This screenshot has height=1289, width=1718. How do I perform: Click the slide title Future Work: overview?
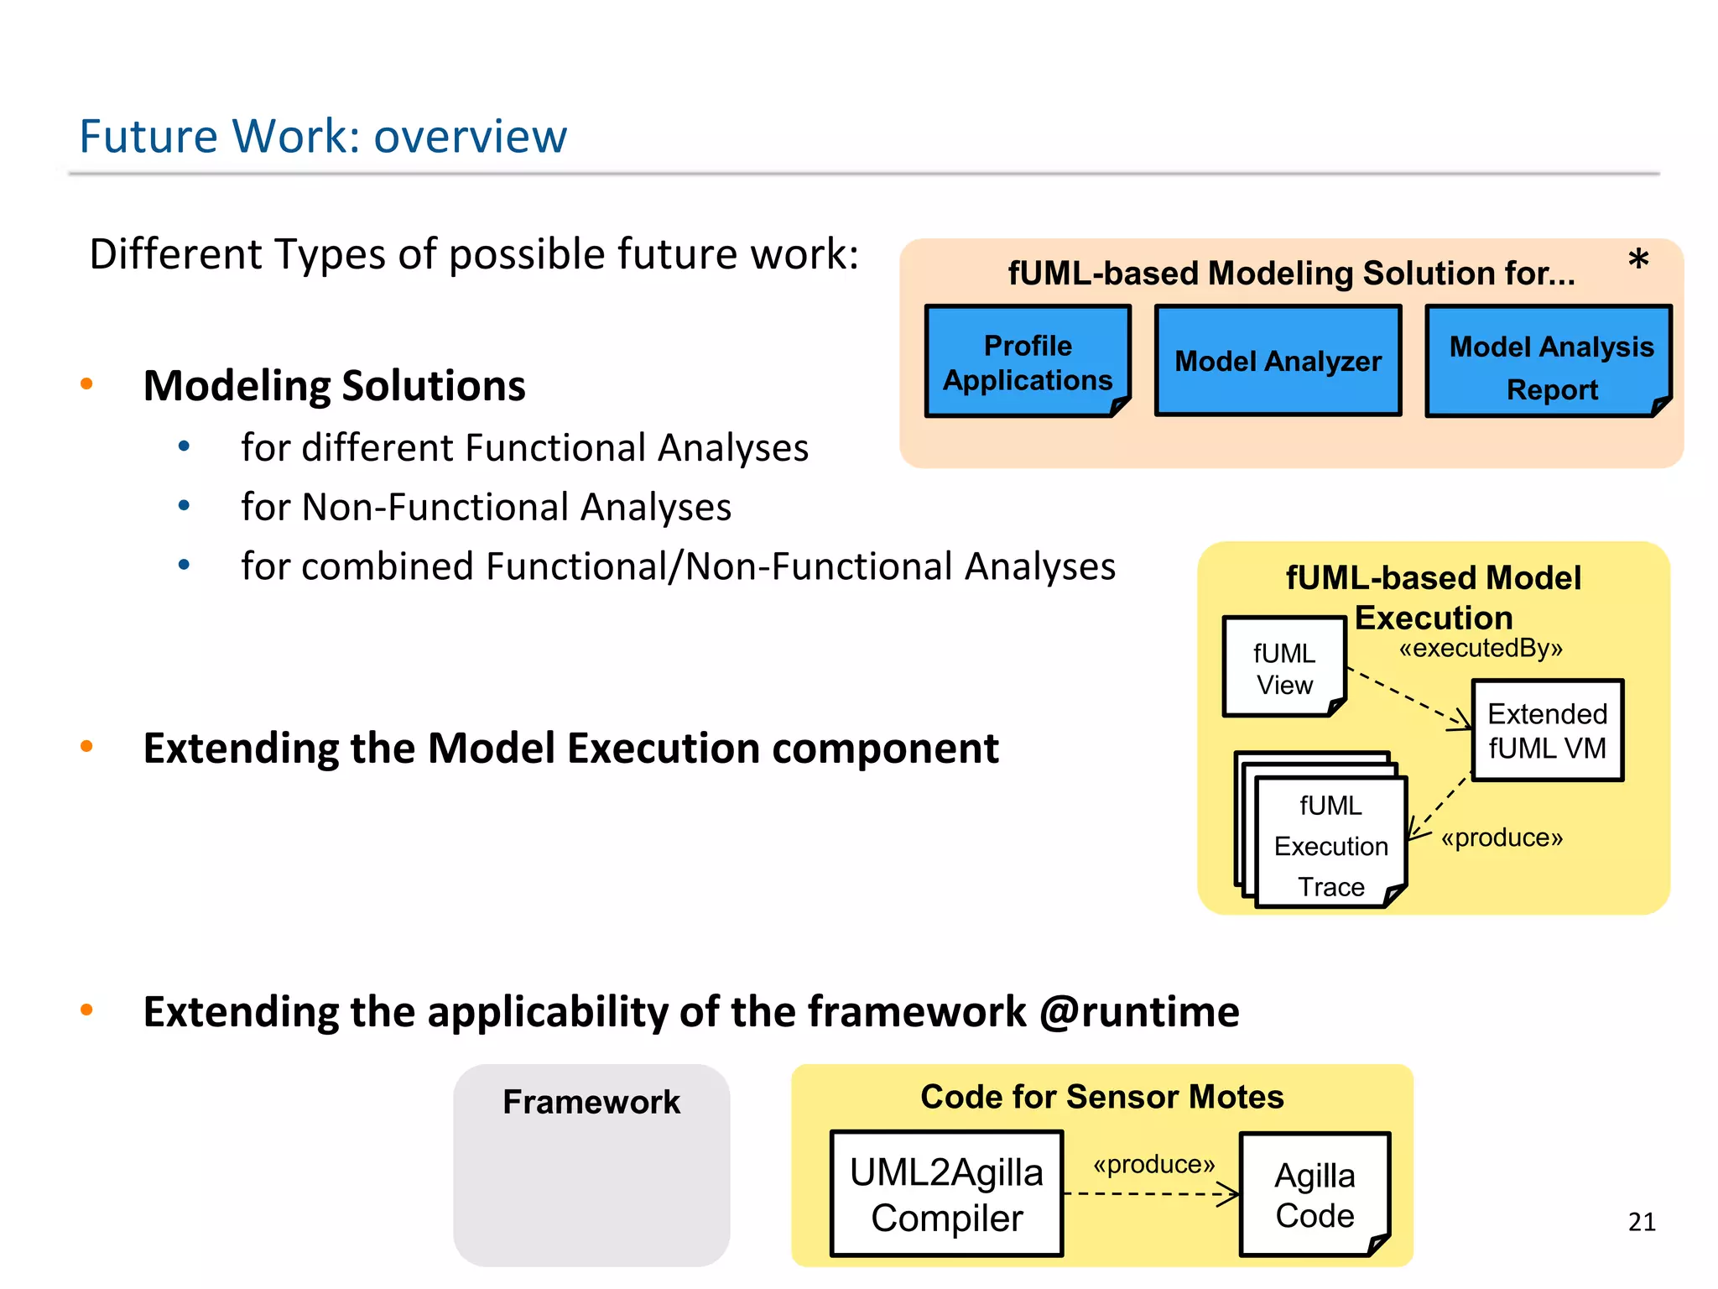[323, 137]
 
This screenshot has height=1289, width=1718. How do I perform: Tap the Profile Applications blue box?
[1028, 363]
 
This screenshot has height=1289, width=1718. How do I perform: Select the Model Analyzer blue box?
[1278, 361]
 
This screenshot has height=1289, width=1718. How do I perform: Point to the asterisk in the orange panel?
[1637, 260]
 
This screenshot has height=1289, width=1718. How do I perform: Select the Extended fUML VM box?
[1547, 730]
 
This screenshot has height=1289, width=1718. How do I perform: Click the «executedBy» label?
[1481, 648]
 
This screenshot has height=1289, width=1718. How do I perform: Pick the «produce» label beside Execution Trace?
[1502, 838]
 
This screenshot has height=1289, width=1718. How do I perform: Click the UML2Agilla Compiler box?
[946, 1193]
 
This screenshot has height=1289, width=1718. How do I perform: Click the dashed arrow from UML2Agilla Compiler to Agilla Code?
[1149, 1193]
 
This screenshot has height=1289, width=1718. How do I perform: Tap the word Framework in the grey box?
[591, 1102]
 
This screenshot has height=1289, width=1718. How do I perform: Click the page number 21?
[1642, 1222]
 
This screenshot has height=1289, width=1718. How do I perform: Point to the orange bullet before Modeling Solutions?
[86, 384]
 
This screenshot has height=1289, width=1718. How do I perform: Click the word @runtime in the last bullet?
[1139, 1011]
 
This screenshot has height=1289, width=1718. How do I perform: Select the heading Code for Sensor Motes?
[1101, 1097]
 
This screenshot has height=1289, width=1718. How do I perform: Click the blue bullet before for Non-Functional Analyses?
[185, 506]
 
